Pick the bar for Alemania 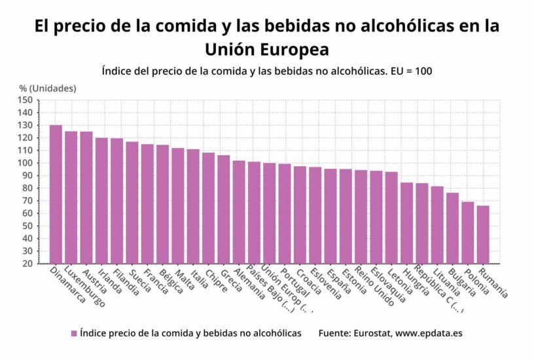(239, 212)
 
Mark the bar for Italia (193, 206)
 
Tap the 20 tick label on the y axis (27, 264)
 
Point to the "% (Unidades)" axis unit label (47, 88)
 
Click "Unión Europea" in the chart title (266, 49)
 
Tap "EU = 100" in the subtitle (410, 71)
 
